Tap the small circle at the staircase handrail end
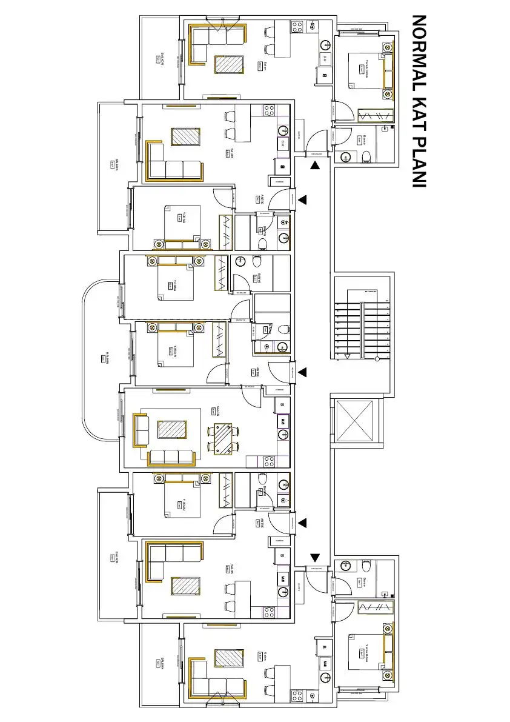pos(377,359)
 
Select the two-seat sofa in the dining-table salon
pos(141,429)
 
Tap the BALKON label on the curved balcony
pos(107,358)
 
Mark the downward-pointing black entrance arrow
pos(315,557)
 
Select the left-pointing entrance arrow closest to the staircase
pos(302,372)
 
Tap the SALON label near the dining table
pos(218,410)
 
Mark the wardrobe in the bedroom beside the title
pos(374,116)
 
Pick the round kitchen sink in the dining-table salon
pos(283,434)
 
